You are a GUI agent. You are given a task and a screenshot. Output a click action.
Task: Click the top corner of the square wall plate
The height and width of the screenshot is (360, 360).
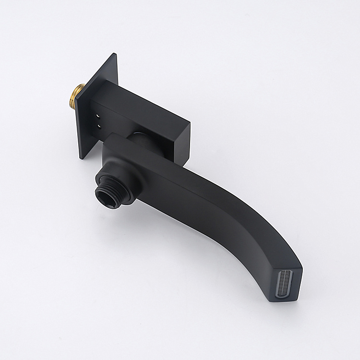click(116, 54)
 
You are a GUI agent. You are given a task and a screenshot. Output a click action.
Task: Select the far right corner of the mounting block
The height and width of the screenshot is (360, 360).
click(190, 124)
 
